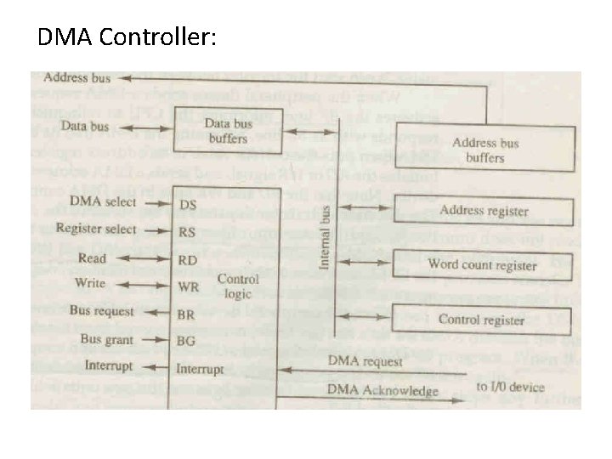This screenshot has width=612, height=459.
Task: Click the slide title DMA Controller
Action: pos(127,37)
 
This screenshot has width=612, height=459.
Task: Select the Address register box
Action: pos(484,211)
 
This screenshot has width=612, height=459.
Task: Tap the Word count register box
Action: pos(482,264)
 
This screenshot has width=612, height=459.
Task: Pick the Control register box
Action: pos(482,320)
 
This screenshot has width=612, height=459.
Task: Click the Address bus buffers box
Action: pos(485,150)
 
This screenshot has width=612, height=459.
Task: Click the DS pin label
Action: pos(188,204)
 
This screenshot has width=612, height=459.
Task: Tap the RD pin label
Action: pos(188,259)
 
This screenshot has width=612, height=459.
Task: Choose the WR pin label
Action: pos(188,286)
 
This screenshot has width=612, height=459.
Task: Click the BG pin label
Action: pos(187,341)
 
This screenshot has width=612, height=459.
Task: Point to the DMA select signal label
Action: pos(103,201)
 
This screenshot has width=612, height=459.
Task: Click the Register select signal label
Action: pos(96,229)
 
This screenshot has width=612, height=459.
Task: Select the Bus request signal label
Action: pos(102,311)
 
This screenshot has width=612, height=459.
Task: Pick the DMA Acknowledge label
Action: pos(382,391)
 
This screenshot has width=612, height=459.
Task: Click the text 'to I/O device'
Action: pos(510,388)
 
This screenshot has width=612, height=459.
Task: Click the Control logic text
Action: pos(239,286)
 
